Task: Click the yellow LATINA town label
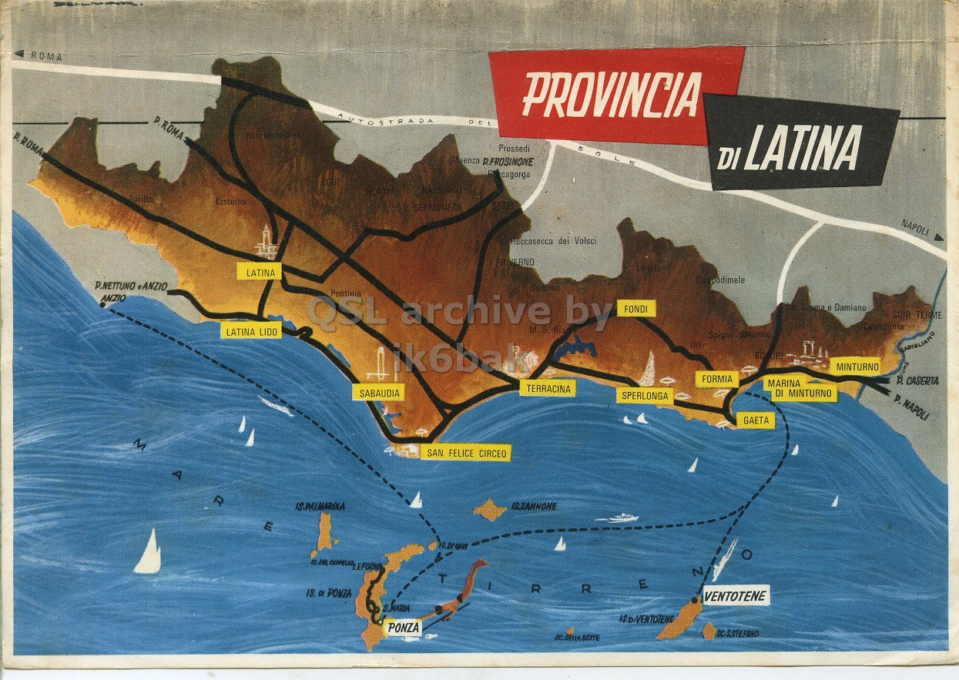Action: (x=261, y=272)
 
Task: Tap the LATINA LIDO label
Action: (x=250, y=332)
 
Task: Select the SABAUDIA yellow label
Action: (x=378, y=393)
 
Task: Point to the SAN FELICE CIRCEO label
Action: (x=466, y=453)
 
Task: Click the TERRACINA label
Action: (x=547, y=388)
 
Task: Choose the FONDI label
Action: (x=635, y=309)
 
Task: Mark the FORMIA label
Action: (x=716, y=379)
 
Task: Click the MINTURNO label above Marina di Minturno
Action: (x=857, y=367)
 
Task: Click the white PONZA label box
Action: (x=404, y=628)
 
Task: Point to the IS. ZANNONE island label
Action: (x=531, y=507)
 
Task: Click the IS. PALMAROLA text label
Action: (x=320, y=507)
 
